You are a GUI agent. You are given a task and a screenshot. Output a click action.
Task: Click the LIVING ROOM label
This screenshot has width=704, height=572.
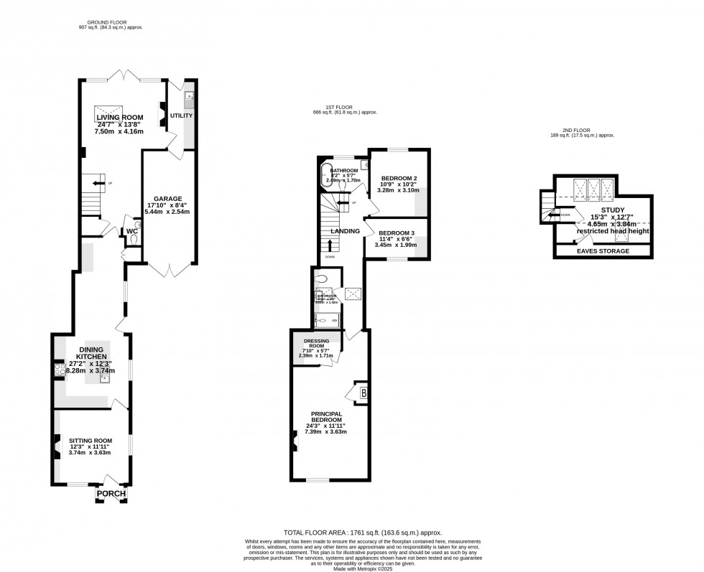click(x=120, y=117)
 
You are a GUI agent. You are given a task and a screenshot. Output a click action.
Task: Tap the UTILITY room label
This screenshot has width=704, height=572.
click(x=181, y=115)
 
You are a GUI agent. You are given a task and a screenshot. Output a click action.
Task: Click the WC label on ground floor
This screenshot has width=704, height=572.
click(x=132, y=231)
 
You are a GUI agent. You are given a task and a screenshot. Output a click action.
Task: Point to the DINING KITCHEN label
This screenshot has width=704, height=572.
click(x=92, y=352)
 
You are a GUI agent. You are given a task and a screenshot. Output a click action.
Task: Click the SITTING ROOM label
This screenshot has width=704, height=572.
click(x=91, y=441)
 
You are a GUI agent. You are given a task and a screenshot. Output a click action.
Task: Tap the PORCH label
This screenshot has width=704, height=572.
click(x=112, y=494)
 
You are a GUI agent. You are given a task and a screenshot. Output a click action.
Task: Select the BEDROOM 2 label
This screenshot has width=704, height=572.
click(x=399, y=177)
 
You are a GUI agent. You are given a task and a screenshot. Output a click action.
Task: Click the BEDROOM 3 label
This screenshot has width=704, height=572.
click(x=397, y=233)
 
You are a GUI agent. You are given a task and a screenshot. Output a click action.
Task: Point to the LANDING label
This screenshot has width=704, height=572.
click(x=345, y=230)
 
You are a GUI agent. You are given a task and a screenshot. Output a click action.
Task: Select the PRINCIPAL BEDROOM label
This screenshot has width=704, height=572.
click(x=325, y=417)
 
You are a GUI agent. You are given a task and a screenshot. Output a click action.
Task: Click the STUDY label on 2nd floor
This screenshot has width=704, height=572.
click(x=613, y=210)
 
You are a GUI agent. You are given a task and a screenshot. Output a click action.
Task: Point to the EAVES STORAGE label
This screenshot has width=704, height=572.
click(x=603, y=251)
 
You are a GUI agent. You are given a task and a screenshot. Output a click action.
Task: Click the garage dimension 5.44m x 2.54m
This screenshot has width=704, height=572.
click(x=167, y=213)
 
